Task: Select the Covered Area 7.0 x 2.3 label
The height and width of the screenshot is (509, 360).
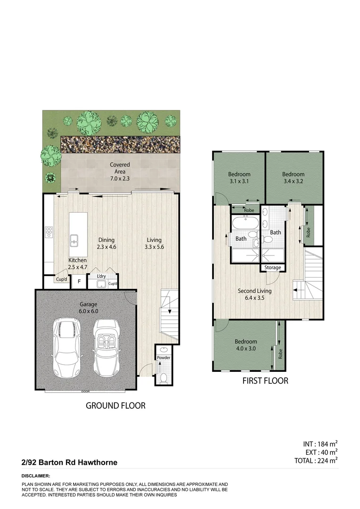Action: (x=120, y=168)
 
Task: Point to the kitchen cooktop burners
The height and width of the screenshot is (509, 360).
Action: (x=49, y=232)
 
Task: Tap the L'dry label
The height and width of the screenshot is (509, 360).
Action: (x=100, y=276)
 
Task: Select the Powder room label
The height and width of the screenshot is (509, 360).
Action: (x=163, y=358)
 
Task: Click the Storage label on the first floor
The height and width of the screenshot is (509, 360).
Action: (x=273, y=268)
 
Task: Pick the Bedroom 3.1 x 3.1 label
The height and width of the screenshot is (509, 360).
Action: (x=238, y=177)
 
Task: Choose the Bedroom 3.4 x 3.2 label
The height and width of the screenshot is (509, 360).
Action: (x=294, y=177)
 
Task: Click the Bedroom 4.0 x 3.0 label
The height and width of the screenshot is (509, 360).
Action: (x=246, y=345)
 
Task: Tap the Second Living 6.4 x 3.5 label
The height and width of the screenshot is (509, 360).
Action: (x=254, y=294)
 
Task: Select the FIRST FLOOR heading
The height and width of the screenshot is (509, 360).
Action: (x=265, y=381)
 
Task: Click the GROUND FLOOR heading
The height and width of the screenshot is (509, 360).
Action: (x=115, y=405)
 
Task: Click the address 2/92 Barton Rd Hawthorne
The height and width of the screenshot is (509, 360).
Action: (x=69, y=463)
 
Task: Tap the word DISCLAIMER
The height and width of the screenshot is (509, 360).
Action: (x=36, y=476)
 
